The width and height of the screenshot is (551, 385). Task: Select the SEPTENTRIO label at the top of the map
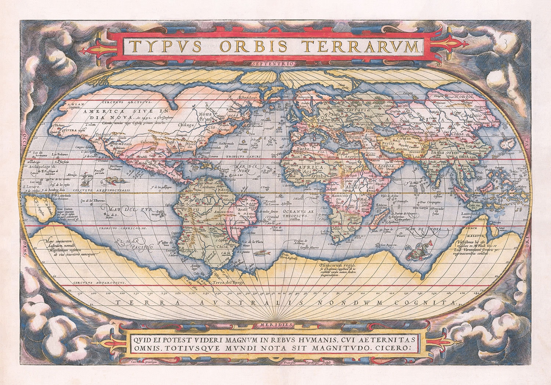[274, 63]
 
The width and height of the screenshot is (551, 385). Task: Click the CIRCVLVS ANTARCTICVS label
[99, 283]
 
